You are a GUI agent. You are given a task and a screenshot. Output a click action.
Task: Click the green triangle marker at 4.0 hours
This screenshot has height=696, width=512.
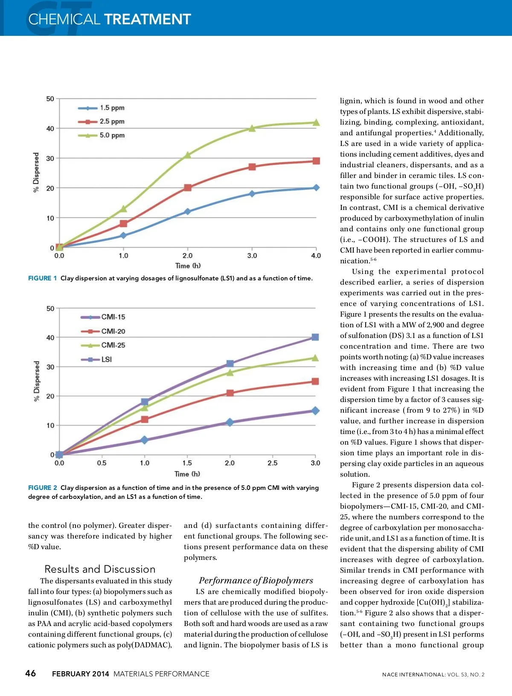click(316, 123)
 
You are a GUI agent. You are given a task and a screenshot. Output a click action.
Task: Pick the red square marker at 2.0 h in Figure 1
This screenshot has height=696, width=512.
click(188, 188)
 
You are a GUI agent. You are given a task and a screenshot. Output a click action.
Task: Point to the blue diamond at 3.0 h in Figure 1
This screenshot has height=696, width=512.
click(252, 194)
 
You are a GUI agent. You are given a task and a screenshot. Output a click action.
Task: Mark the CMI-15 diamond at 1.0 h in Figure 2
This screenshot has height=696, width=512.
click(145, 440)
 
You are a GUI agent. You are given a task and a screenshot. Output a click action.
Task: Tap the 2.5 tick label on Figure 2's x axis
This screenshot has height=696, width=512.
click(272, 463)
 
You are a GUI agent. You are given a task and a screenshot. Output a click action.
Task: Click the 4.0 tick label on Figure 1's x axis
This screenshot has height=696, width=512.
click(316, 256)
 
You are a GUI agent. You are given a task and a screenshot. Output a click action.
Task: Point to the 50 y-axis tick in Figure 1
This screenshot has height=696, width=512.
click(50, 99)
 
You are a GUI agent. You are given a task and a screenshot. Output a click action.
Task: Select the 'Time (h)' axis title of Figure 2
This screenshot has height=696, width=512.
click(187, 474)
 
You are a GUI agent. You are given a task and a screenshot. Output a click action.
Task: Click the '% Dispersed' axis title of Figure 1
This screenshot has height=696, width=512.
click(36, 173)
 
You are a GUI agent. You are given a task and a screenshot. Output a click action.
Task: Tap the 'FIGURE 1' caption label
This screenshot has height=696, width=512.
click(42, 278)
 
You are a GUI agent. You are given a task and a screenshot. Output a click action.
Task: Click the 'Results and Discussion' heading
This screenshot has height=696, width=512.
click(100, 569)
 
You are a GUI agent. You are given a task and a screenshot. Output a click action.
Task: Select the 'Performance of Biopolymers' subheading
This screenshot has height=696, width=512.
click(256, 580)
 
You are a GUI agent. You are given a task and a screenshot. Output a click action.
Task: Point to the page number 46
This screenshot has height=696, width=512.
click(31, 673)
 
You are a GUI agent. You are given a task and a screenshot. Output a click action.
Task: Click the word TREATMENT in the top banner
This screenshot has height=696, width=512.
click(148, 19)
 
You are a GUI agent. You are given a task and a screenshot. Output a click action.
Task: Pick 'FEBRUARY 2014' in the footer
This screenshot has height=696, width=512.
click(81, 674)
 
